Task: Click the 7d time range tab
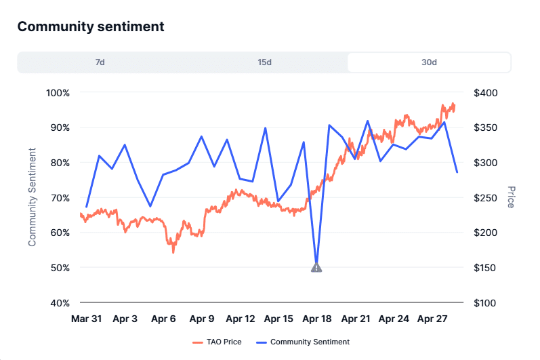click(x=100, y=62)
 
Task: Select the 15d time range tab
click(x=264, y=62)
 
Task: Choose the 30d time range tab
click(x=429, y=62)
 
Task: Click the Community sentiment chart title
click(x=91, y=27)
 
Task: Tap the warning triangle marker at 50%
click(x=316, y=268)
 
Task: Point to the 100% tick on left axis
click(x=58, y=92)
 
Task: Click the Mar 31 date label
click(x=87, y=319)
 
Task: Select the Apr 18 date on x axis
click(x=316, y=319)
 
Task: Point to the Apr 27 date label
click(x=432, y=319)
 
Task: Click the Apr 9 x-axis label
click(x=202, y=319)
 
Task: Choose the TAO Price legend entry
click(x=217, y=342)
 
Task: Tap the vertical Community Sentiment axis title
click(x=32, y=197)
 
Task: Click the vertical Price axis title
click(x=511, y=197)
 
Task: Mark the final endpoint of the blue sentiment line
click(x=457, y=172)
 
